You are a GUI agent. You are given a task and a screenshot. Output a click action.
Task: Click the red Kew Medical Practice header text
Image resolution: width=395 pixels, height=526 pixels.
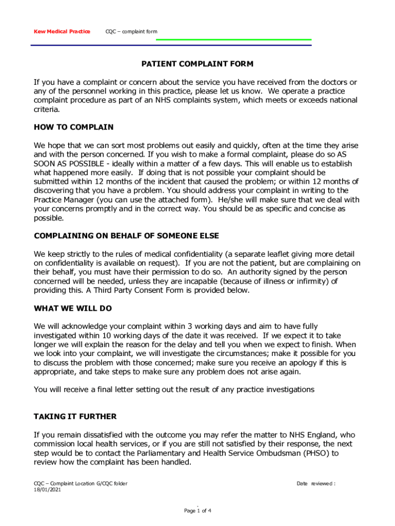point(62,32)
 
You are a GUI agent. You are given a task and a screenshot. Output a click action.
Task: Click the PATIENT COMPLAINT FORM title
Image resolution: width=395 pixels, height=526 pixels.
point(197,64)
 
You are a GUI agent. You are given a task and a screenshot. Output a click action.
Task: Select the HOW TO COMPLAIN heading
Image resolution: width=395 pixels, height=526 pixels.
point(73,127)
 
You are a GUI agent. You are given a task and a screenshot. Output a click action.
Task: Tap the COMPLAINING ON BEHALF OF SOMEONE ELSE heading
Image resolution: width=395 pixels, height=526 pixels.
point(126,236)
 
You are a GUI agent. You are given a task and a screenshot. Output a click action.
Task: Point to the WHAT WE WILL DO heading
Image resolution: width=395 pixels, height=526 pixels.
point(73,309)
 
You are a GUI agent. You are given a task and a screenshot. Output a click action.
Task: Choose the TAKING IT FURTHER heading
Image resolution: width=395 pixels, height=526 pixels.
point(75,417)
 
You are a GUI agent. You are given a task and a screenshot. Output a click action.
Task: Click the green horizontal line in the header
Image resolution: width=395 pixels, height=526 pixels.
point(234,40)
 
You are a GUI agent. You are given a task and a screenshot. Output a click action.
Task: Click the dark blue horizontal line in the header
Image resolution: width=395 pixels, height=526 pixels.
point(171,45)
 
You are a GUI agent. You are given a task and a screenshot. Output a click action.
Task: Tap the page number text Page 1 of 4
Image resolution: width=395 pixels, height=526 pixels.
point(198,511)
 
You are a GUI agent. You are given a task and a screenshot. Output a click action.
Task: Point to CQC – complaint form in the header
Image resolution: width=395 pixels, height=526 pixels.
point(131,32)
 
